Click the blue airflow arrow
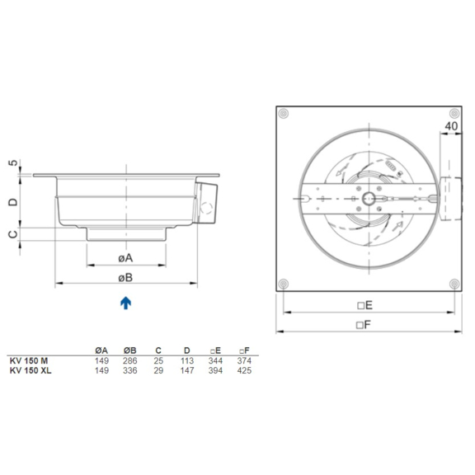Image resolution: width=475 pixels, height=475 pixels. coord(125,303)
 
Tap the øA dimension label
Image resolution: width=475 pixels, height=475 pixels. coord(125,257)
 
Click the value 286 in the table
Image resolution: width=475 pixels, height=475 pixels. coord(129,361)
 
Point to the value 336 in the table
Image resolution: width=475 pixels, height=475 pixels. coord(129,370)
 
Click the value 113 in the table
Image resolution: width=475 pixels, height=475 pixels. coord(186,361)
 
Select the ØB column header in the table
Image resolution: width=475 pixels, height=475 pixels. coord(129,350)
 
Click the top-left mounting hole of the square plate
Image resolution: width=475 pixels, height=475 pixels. coord(284,113)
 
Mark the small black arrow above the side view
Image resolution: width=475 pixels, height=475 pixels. coord(125,167)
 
